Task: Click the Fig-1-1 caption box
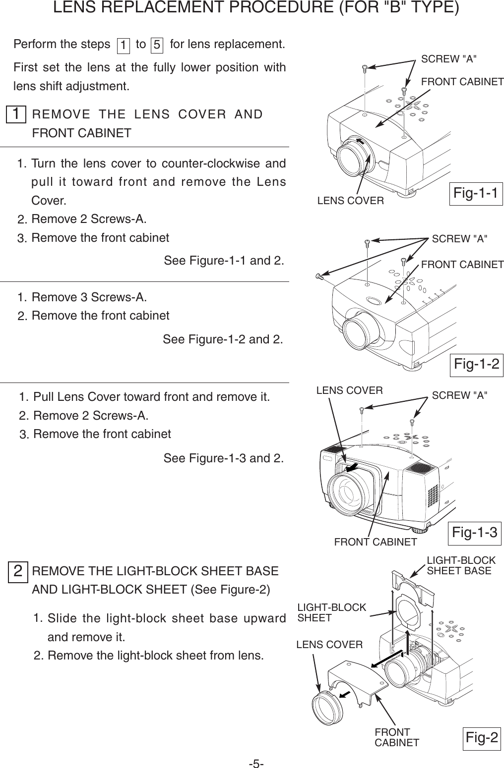[x=476, y=193]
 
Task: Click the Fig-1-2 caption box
[x=477, y=364]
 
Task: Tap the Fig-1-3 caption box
[x=475, y=533]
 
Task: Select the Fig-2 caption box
[x=482, y=738]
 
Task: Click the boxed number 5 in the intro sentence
[x=157, y=45]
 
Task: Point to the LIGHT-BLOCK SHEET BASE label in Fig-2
[x=461, y=565]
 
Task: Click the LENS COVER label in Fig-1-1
[x=350, y=201]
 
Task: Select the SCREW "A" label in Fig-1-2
[x=460, y=239]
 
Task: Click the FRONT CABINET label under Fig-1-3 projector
[x=376, y=542]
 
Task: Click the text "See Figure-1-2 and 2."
[x=223, y=340]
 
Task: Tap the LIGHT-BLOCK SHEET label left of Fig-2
[x=331, y=612]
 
